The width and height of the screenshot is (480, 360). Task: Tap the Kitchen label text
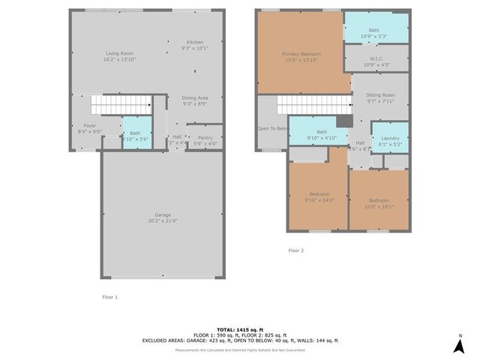[194, 42]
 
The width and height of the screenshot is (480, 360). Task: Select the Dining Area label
[194, 98]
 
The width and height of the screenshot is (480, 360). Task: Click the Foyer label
[89, 126]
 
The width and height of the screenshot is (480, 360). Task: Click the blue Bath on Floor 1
[136, 133]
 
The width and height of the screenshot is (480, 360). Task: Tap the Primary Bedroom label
[301, 54]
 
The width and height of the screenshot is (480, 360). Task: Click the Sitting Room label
[380, 96]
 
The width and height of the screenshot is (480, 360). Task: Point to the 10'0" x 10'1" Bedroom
[379, 200]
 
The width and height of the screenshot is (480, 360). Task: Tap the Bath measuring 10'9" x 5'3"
[376, 30]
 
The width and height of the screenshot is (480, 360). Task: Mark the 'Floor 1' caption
[110, 297]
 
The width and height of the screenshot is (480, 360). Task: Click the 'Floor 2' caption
[295, 250]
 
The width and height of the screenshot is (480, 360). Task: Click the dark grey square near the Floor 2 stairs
[344, 121]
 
